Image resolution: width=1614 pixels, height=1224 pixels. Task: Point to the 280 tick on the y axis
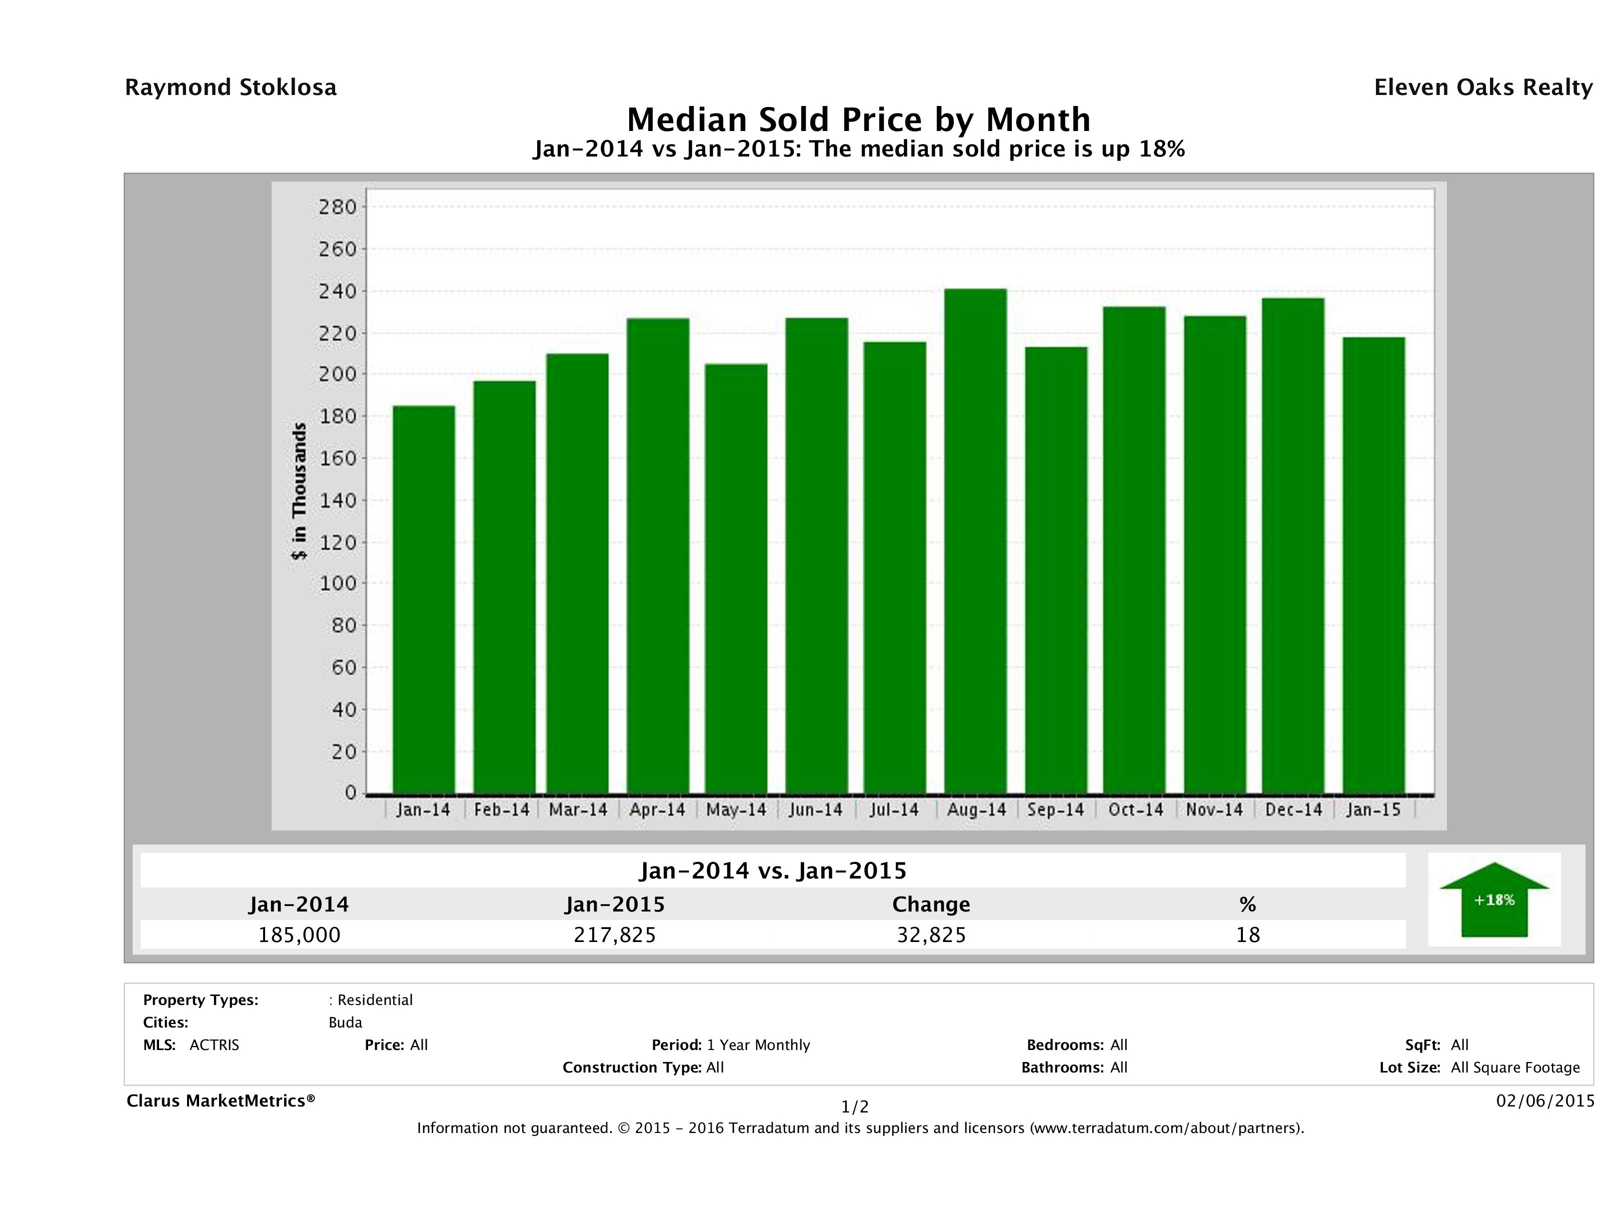tap(337, 207)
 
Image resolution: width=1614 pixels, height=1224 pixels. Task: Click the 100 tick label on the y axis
tap(337, 583)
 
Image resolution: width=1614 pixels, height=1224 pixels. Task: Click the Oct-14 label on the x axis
tap(1135, 809)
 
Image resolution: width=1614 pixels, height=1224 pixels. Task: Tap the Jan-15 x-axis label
tap(1373, 809)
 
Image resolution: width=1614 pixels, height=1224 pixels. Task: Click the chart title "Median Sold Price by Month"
tap(859, 119)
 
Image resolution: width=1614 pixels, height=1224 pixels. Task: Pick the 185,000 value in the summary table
tap(299, 935)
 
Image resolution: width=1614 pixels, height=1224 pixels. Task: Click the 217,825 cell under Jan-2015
tap(615, 935)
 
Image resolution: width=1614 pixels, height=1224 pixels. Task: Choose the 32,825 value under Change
tap(931, 935)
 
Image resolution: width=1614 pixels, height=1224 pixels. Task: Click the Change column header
tap(931, 904)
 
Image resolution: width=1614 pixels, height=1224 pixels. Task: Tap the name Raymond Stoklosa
tap(231, 87)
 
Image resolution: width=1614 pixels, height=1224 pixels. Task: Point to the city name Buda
tap(345, 1022)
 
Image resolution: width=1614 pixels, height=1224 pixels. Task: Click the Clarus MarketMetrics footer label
tap(221, 1100)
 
